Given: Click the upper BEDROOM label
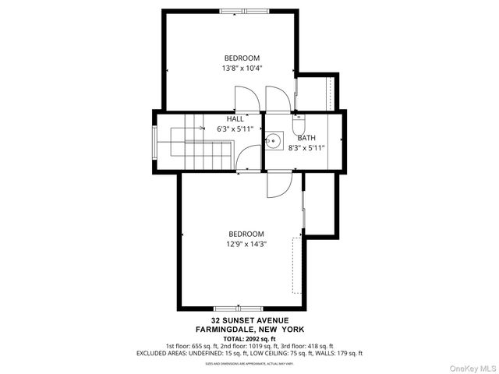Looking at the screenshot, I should pos(242,58).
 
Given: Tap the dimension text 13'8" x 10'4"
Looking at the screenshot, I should pos(242,68).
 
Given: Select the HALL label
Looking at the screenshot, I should pos(235,119).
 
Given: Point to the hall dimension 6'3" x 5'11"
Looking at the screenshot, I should pos(235,129).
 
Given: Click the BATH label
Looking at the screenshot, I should pos(306,137).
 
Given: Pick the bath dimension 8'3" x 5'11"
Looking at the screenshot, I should pos(306,146).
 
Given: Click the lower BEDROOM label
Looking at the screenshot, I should pos(246,234).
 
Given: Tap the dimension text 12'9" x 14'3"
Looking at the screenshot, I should pos(246,244).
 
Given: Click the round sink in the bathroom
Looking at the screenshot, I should pos(273,142).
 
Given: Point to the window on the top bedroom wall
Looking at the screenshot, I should pos(242,12).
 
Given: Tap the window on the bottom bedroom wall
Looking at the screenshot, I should pos(239,309).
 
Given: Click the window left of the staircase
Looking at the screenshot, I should pos(154,142).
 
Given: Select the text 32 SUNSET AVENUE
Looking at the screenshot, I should pos(249,320).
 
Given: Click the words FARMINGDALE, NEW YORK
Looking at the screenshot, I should pos(249,329).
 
